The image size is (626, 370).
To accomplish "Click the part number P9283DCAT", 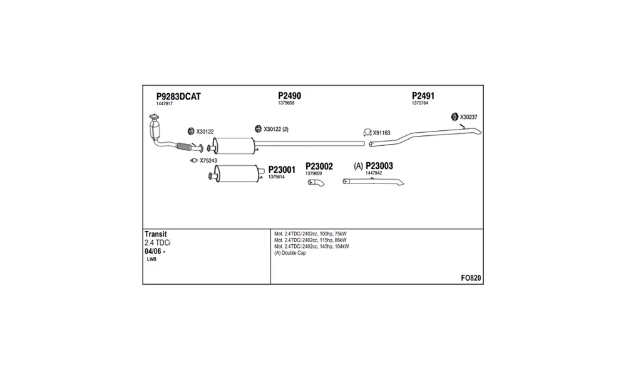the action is pos(178,96).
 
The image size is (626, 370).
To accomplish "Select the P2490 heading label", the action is pos(289,96).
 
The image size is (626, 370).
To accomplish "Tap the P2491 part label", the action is pos(423,96).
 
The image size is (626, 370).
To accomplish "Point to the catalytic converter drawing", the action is pos(154,127).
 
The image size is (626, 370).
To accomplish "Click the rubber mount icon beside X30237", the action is pos(454,117).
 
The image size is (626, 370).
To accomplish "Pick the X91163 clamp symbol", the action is pos(367,132).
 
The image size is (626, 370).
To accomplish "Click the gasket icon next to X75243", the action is pos(194,160).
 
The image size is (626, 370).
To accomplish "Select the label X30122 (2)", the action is pos(276,130).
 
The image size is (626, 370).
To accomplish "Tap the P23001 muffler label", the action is pos(282,170).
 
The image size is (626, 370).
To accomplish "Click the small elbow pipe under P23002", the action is pos(316,182).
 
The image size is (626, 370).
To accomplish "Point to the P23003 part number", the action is pos(379,166).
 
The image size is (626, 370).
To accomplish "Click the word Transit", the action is pos(156,234).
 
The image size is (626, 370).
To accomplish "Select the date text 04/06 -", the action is pos(155,252).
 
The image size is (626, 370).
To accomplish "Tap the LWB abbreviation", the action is pos(151,259).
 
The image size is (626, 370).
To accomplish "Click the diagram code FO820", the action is pos(471,278).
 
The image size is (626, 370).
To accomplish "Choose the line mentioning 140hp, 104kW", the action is pos(311,247).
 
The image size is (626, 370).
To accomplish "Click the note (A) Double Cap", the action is pos(290,253).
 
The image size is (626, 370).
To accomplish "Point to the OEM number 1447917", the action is pos(165,104).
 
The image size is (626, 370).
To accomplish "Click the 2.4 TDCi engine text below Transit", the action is pos(158,243).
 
